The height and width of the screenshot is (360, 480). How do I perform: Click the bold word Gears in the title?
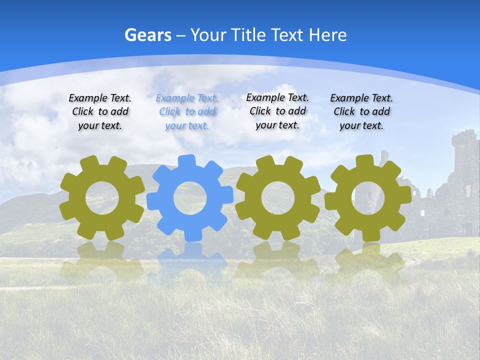coord(147,35)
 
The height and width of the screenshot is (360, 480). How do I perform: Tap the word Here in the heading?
coord(327,35)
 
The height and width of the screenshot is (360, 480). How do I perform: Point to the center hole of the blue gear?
coord(190,198)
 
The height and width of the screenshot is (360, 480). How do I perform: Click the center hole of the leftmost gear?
coord(102,198)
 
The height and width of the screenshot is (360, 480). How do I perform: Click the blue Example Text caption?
coord(187,112)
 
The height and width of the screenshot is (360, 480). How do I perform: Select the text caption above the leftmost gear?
coord(100,112)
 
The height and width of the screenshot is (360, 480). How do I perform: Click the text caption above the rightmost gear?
coord(361,112)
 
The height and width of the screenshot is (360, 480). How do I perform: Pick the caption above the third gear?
coord(277,111)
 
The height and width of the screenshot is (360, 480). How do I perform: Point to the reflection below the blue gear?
coord(190,260)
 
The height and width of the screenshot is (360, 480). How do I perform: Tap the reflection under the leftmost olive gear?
coord(102,260)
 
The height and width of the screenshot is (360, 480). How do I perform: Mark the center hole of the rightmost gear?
coord(368,198)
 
